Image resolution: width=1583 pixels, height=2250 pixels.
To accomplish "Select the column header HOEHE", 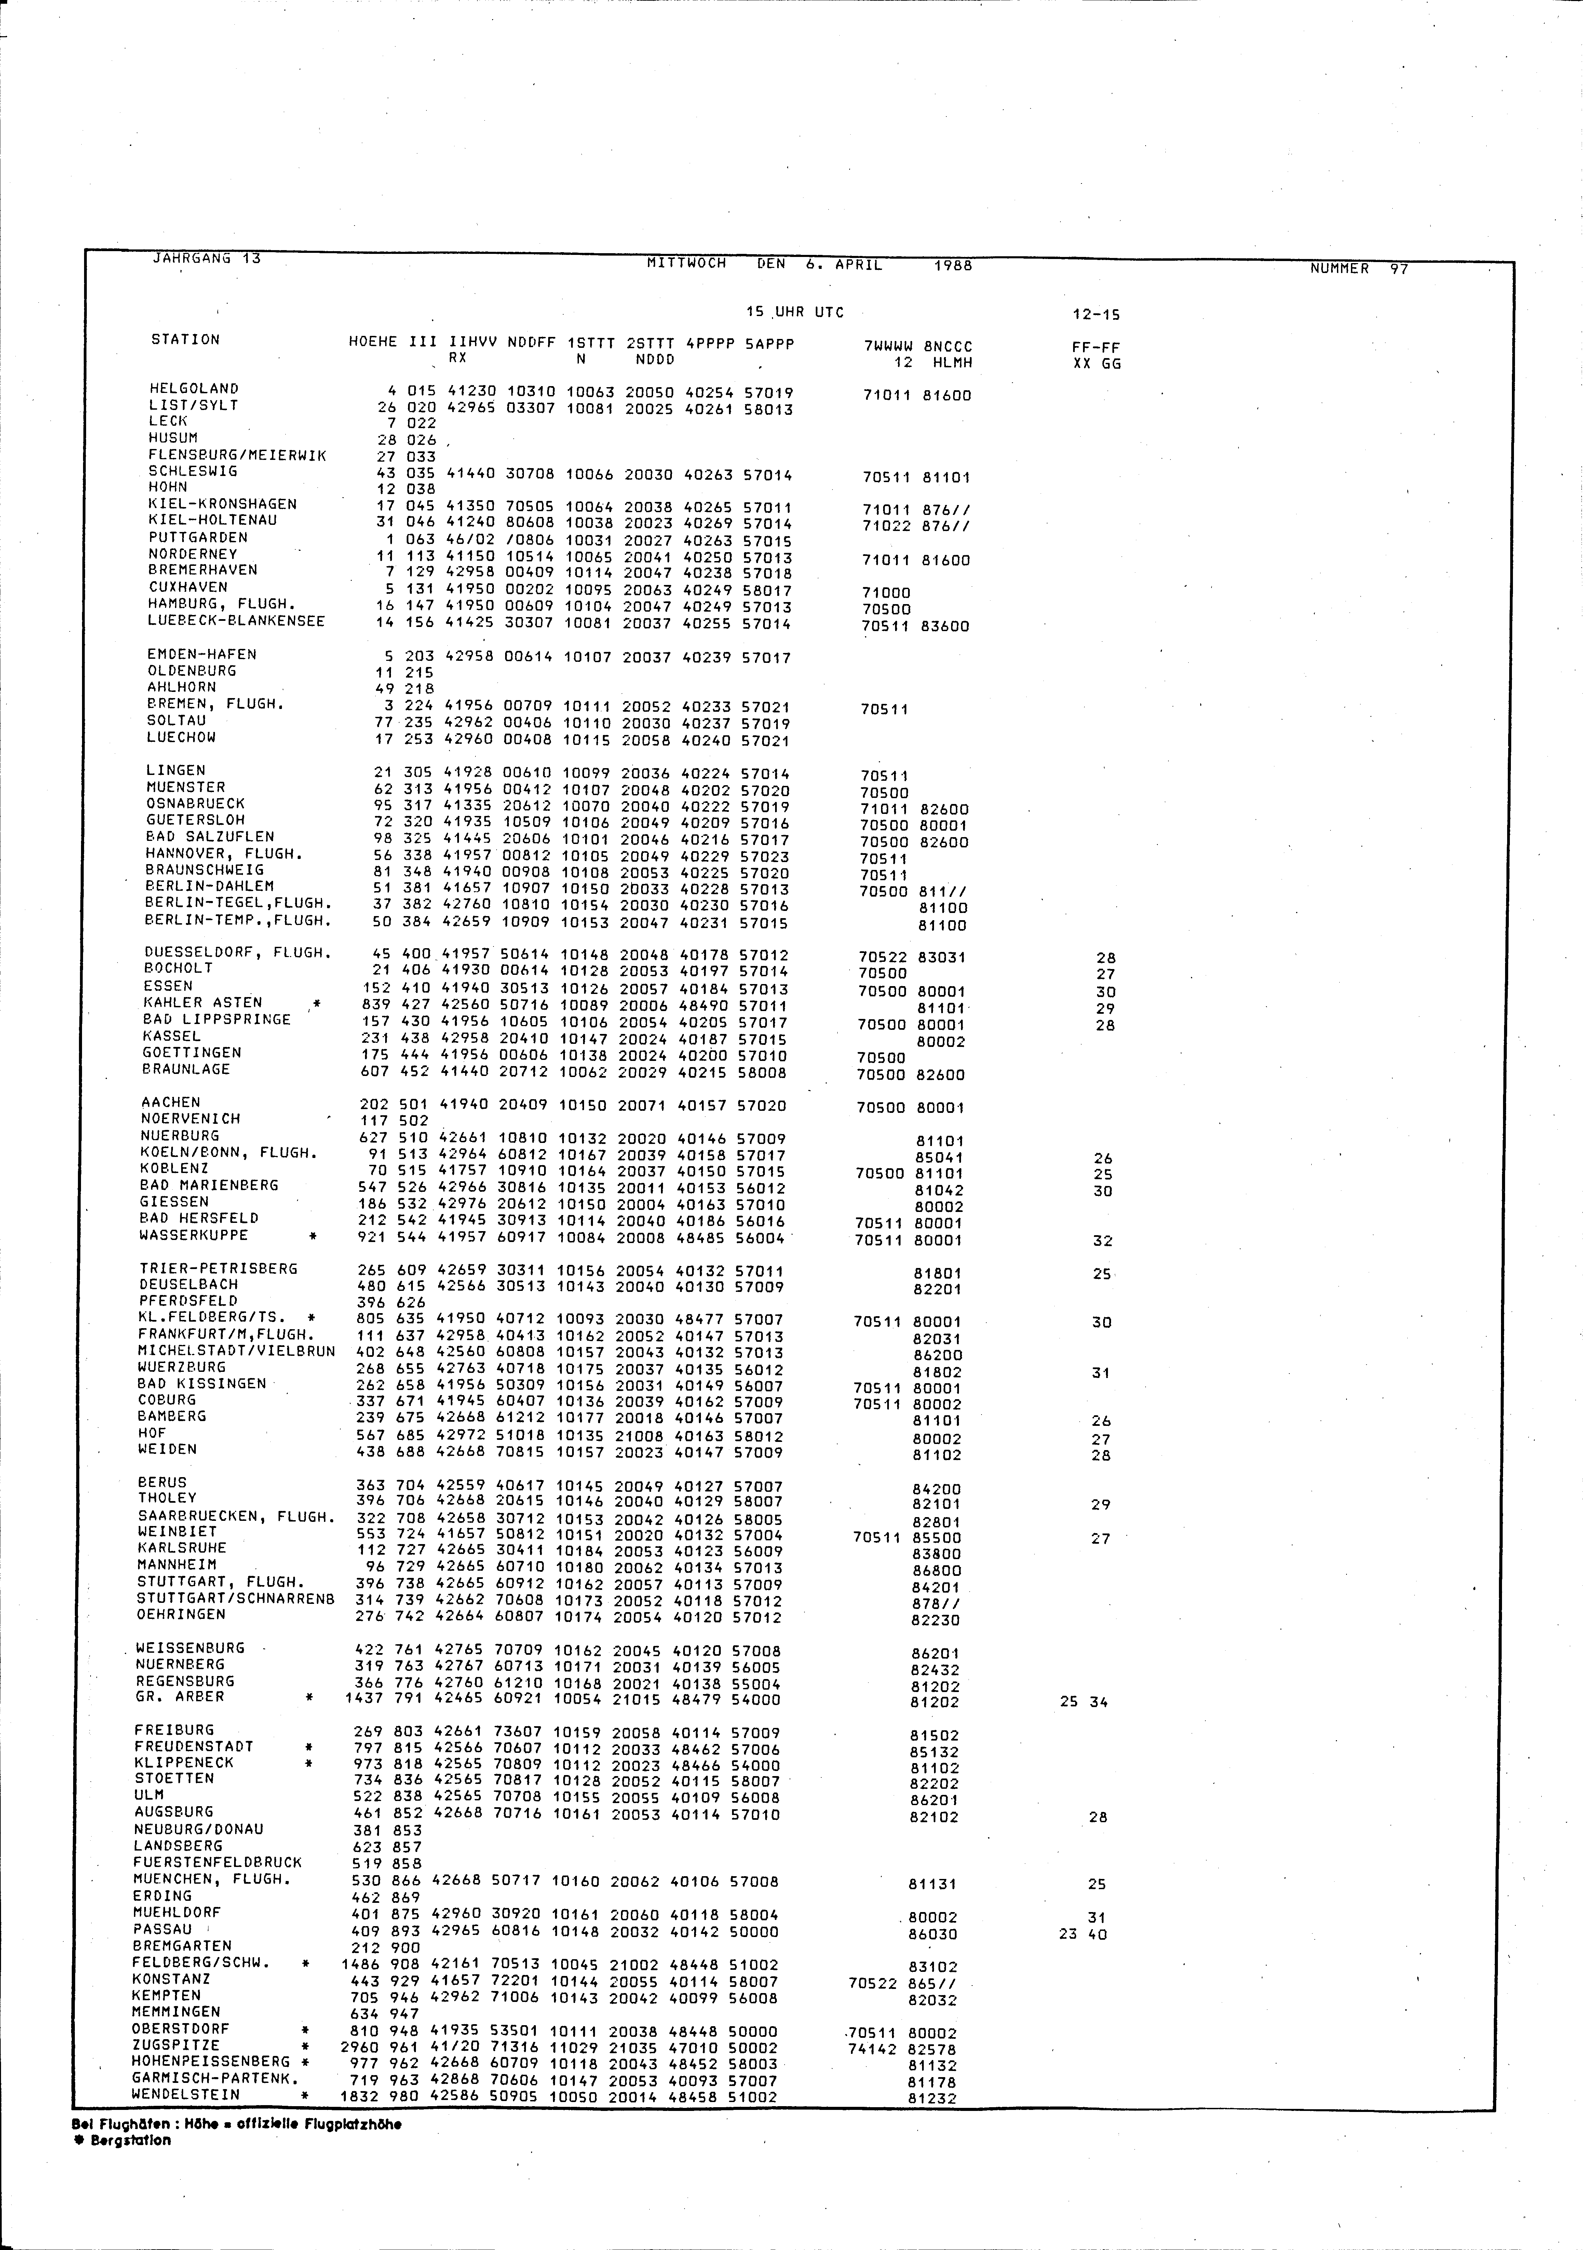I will (x=373, y=343).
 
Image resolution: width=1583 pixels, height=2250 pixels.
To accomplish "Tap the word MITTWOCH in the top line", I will (x=686, y=263).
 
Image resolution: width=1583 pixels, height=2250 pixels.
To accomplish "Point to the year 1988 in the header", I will (x=953, y=264).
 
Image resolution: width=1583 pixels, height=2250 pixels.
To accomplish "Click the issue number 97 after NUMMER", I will (x=1399, y=269).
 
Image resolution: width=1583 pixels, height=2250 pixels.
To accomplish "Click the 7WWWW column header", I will (x=888, y=346).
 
